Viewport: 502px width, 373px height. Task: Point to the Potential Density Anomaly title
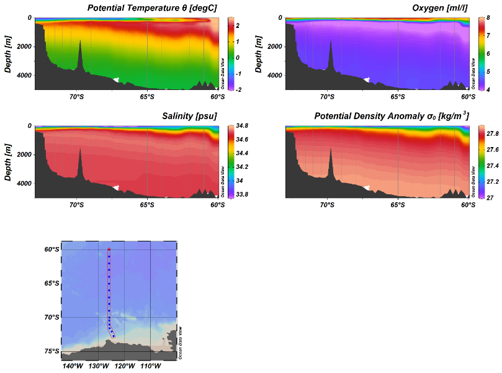[391, 116]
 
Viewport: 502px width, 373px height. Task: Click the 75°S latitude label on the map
[52, 351]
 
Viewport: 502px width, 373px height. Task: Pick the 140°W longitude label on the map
[73, 366]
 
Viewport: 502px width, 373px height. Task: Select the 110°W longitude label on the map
[151, 366]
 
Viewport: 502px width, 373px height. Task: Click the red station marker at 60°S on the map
[109, 249]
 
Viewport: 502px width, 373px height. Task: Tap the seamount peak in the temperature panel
[80, 42]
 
